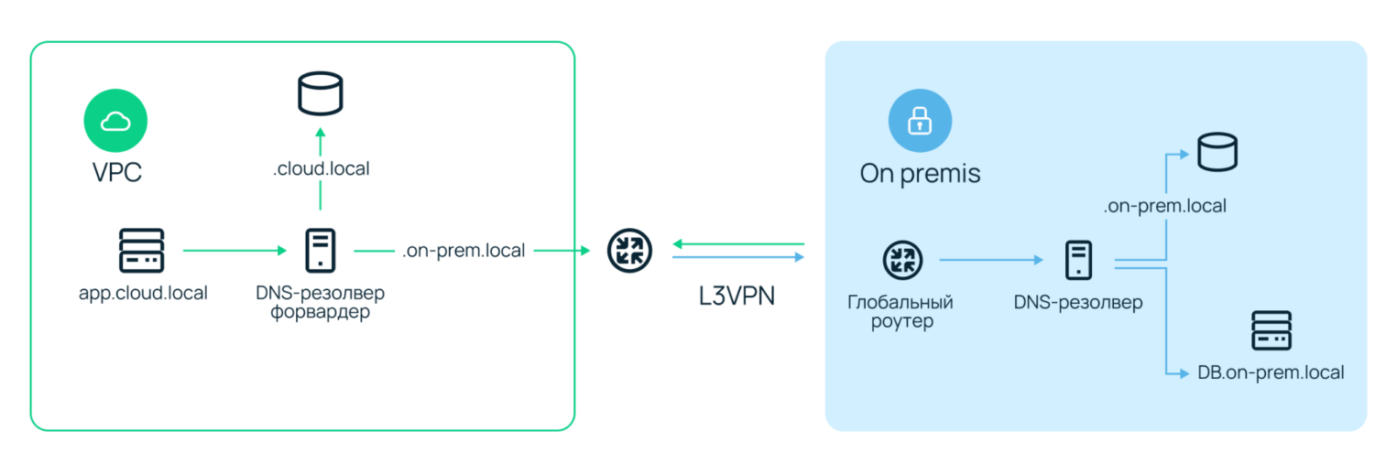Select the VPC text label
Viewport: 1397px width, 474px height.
pyautogui.click(x=117, y=172)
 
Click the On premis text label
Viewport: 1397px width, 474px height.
pyautogui.click(x=920, y=173)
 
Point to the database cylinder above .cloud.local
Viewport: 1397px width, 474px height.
pyautogui.click(x=321, y=92)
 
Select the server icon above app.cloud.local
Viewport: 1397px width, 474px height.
pyautogui.click(x=142, y=250)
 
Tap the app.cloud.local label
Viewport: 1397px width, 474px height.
pyautogui.click(x=143, y=294)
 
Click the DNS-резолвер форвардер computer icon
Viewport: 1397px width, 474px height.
pyautogui.click(x=320, y=250)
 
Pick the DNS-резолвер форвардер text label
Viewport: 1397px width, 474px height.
pyautogui.click(x=321, y=303)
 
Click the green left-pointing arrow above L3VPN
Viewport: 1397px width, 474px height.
pyautogui.click(x=737, y=244)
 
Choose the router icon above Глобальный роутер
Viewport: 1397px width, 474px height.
pyautogui.click(x=903, y=260)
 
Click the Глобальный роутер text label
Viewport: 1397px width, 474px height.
pyautogui.click(x=903, y=311)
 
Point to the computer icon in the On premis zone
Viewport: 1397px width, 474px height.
pyautogui.click(x=1077, y=260)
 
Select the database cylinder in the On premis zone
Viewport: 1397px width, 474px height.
pyautogui.click(x=1217, y=151)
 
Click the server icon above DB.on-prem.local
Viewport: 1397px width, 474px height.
pyautogui.click(x=1271, y=330)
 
